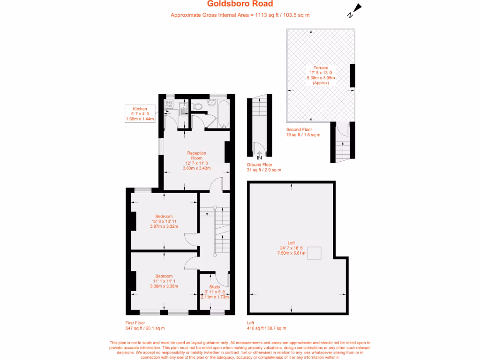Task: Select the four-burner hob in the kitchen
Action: pos(169,105)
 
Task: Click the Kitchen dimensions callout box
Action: pos(140,114)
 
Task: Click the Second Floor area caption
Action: pos(303,132)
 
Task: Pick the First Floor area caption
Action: pos(145,325)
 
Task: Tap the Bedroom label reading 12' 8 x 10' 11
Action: pos(164,221)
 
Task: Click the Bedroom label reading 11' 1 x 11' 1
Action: pos(164,281)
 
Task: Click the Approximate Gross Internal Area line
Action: pos(240,15)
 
